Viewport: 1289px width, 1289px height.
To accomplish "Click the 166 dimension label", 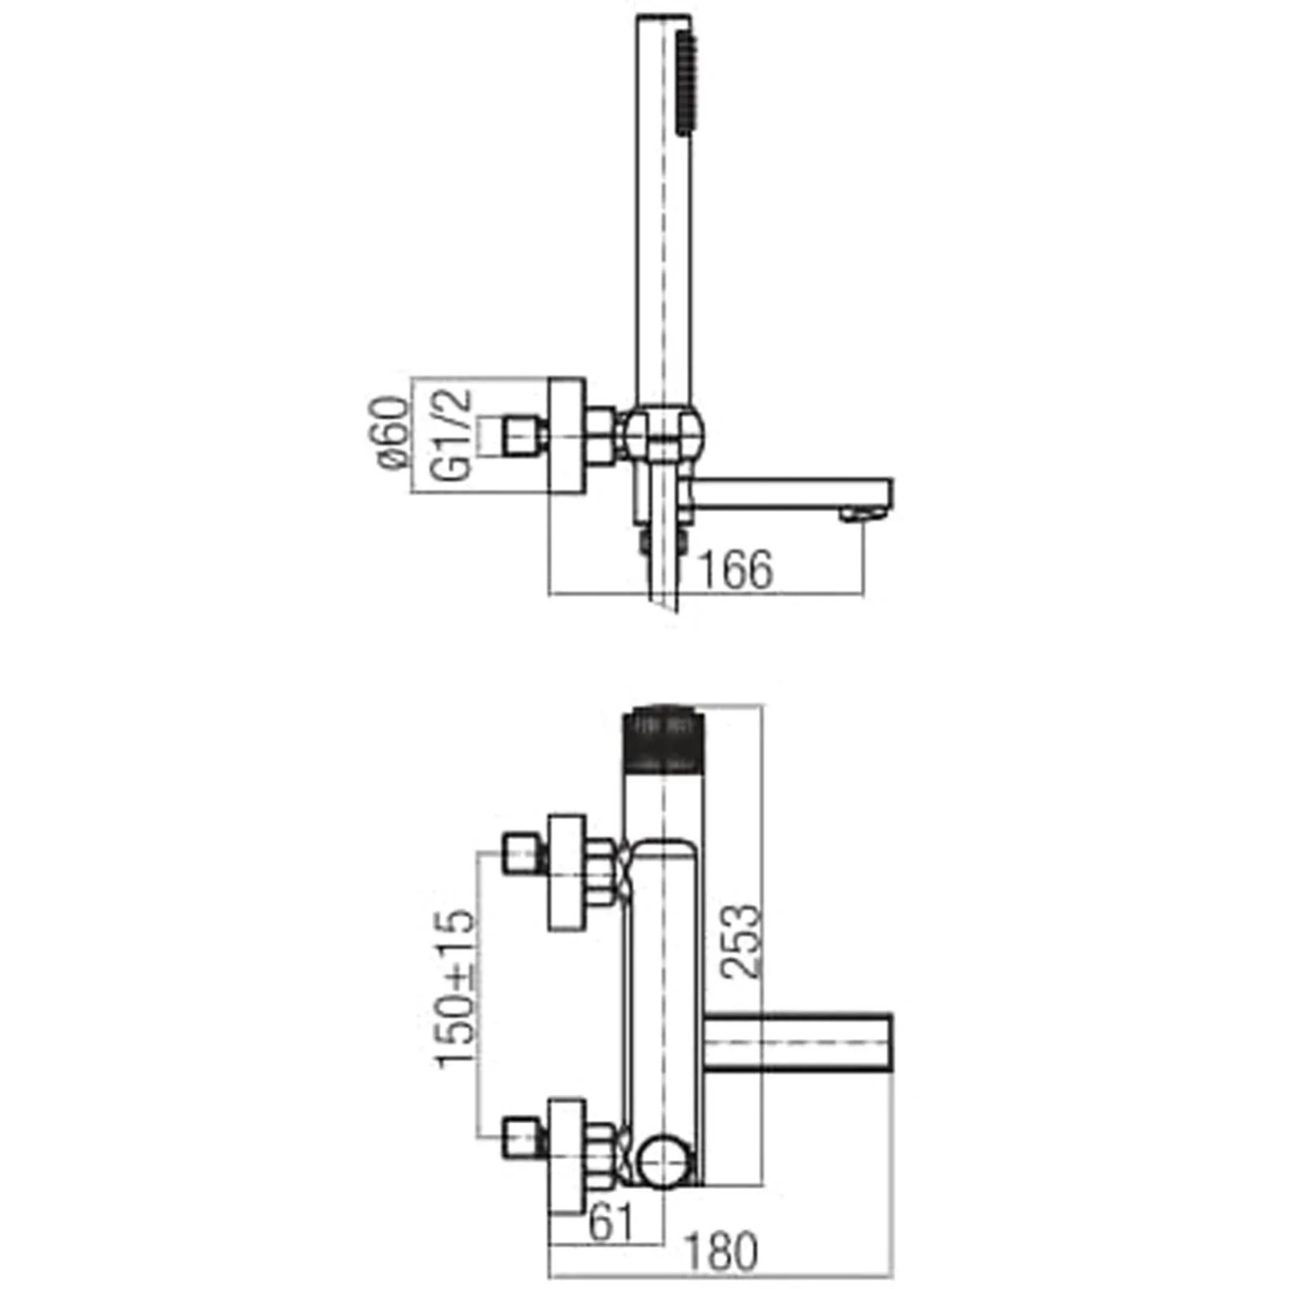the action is coord(736,570).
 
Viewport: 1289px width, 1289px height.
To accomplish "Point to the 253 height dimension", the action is coord(741,940).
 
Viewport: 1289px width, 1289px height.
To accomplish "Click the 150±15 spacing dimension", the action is coord(455,989).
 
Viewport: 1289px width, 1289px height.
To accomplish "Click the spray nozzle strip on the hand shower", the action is coord(685,83).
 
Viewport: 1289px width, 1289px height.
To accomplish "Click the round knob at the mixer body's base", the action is coord(664,1161).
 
